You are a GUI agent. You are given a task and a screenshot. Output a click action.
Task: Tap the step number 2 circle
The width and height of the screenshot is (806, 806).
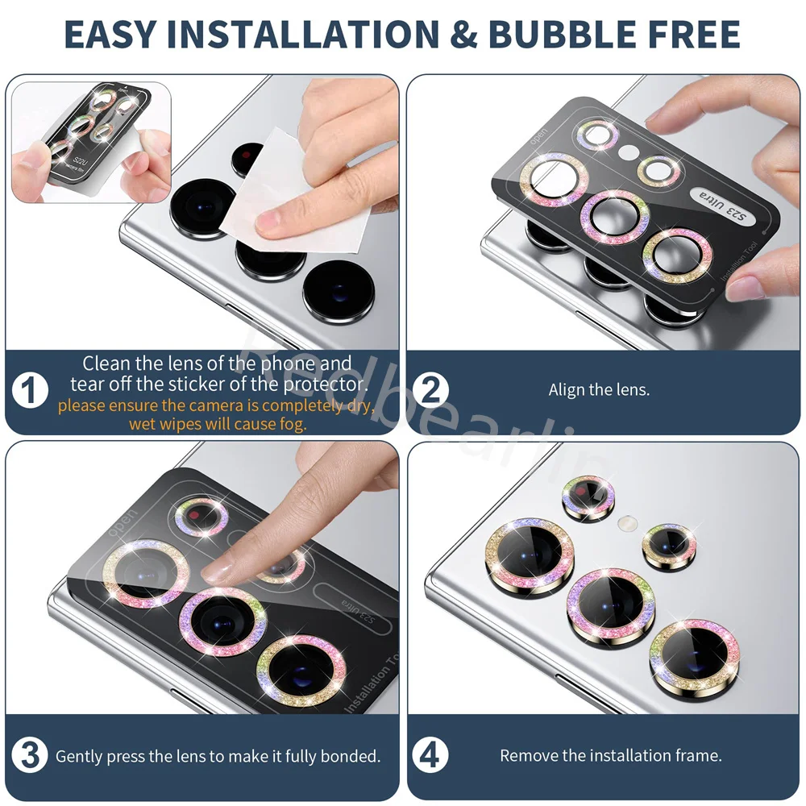431,390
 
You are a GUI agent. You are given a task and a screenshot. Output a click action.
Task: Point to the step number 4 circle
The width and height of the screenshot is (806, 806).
431,756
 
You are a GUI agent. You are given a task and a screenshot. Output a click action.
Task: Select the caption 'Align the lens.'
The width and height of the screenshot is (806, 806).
599,390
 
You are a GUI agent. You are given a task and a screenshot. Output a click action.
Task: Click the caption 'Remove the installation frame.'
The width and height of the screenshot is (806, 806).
610,756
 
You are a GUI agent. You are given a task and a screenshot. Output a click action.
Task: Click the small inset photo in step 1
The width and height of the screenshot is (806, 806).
91,142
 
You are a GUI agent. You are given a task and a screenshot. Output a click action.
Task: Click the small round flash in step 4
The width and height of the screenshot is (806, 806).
624,524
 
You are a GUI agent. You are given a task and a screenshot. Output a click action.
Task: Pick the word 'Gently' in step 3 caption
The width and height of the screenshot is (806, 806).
79,756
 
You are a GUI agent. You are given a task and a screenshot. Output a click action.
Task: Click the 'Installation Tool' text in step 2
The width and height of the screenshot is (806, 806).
735,275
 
